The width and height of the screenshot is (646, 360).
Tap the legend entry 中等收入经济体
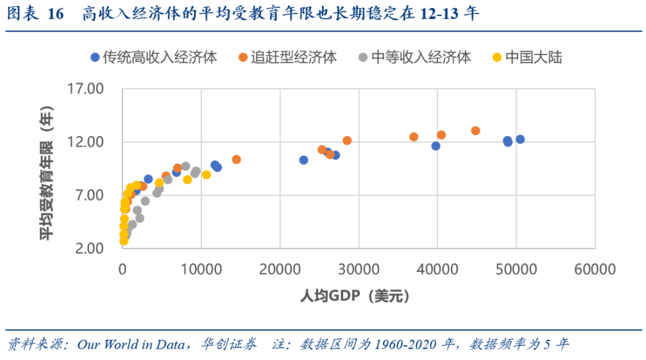tap(421, 57)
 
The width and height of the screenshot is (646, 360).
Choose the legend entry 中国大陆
tap(534, 57)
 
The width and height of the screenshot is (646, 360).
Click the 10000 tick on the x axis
tap(201, 269)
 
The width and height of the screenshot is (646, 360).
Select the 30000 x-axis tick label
tap(359, 269)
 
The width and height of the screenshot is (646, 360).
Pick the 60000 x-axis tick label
tap(595, 269)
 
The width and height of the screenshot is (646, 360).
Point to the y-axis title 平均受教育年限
tap(46, 172)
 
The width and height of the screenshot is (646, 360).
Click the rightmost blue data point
tap(520, 139)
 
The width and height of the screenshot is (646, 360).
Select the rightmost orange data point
tap(476, 131)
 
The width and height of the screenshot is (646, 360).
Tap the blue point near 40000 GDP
tap(436, 146)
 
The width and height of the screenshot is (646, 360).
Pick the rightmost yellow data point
tap(207, 175)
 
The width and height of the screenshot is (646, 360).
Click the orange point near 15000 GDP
tap(236, 159)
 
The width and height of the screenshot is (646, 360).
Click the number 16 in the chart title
tap(56, 13)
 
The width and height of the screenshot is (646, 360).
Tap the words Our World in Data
tap(131, 345)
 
